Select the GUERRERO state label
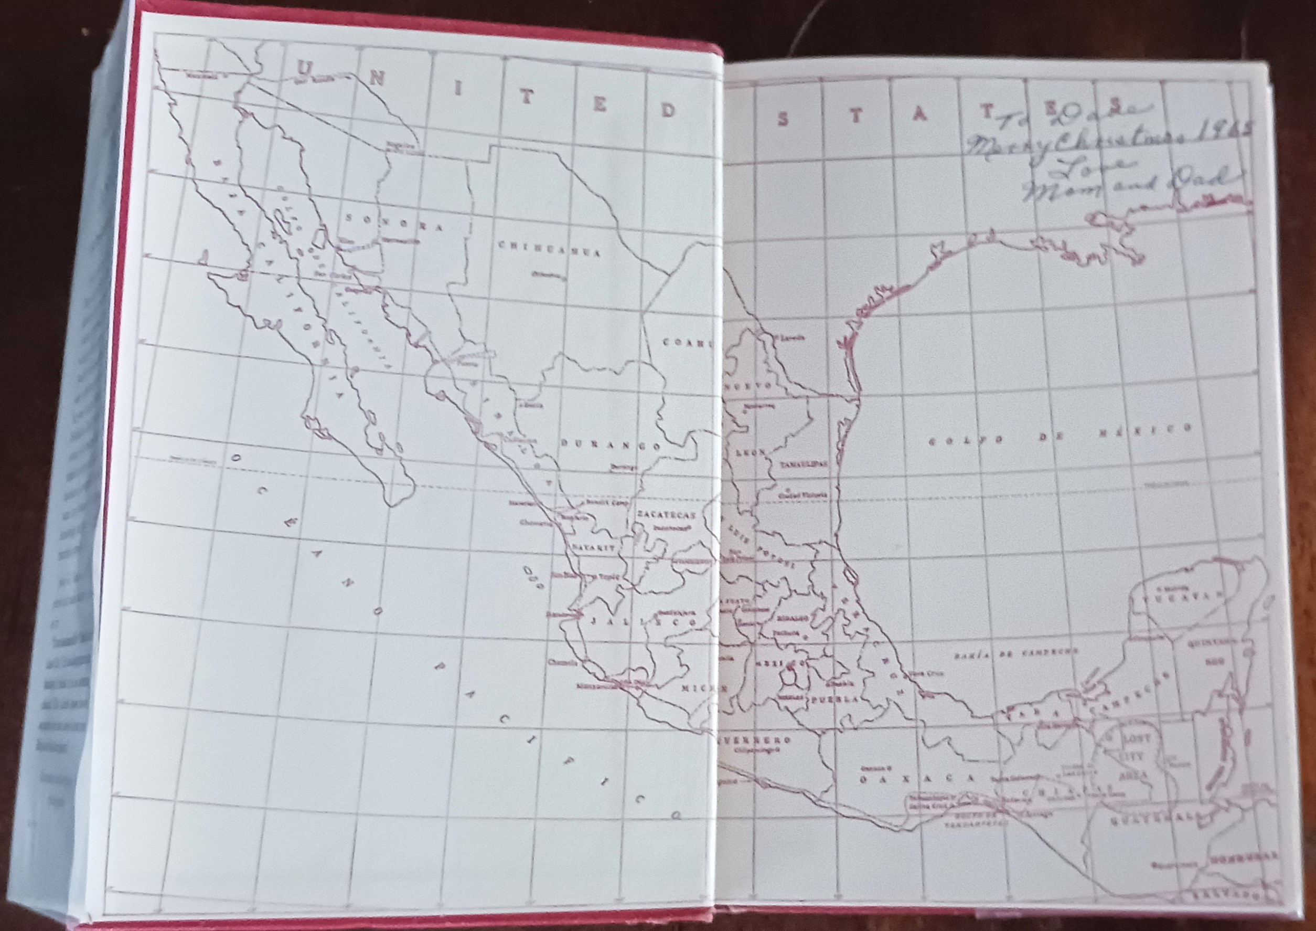(x=753, y=739)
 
